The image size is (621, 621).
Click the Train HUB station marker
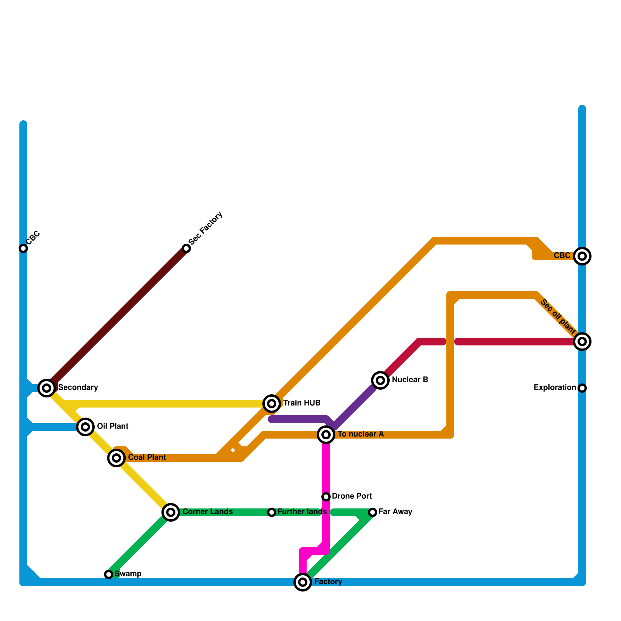pyautogui.click(x=272, y=404)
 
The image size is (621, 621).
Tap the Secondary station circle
pyautogui.click(x=47, y=387)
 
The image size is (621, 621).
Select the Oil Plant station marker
pyautogui.click(x=85, y=427)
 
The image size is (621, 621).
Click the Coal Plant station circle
pyautogui.click(x=116, y=458)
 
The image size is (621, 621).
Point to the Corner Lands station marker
pyautogui.click(x=171, y=512)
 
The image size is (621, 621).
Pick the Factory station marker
pyautogui.click(x=303, y=582)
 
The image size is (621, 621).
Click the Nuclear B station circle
pyautogui.click(x=380, y=380)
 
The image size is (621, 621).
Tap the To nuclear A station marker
pyautogui.click(x=326, y=435)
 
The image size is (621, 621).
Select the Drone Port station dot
pyautogui.click(x=326, y=497)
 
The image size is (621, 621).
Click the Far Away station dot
pyautogui.click(x=373, y=512)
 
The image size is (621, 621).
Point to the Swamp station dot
pyautogui.click(x=109, y=574)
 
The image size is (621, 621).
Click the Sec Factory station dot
pyautogui.click(x=186, y=248)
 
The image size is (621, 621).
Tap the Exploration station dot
pyautogui.click(x=582, y=388)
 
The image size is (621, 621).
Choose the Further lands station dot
pyautogui.click(x=272, y=512)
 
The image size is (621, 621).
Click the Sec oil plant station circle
pyautogui.click(x=582, y=342)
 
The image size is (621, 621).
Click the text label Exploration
pyautogui.click(x=555, y=388)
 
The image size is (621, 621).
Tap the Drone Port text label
pyautogui.click(x=352, y=496)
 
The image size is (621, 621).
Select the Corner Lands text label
pyautogui.click(x=207, y=512)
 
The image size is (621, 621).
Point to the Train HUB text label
pyautogui.click(x=302, y=403)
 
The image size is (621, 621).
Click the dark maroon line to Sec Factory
pyautogui.click(x=116, y=318)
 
